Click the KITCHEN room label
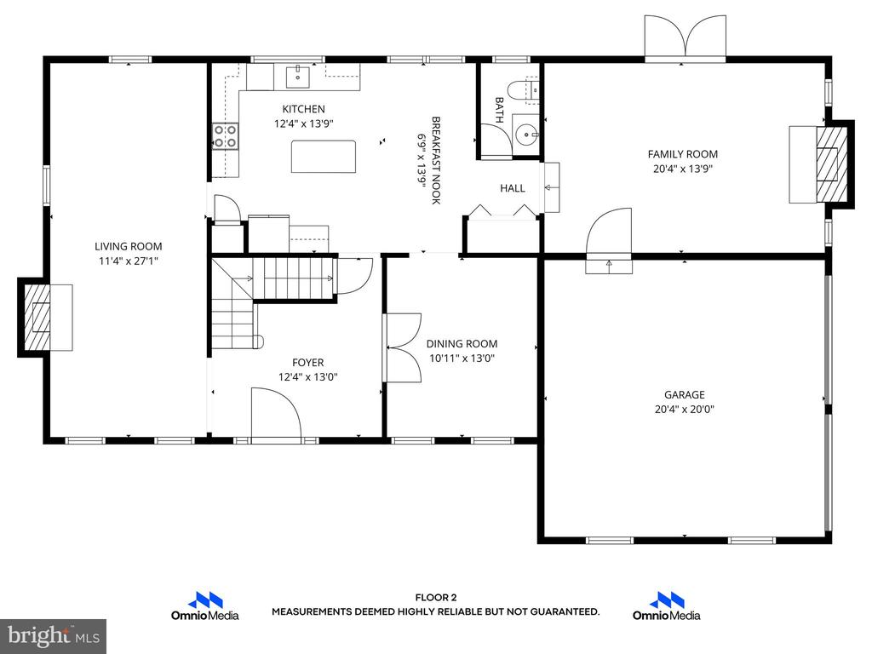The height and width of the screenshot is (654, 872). pyautogui.click(x=303, y=109)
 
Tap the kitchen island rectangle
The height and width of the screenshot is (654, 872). pyautogui.click(x=324, y=157)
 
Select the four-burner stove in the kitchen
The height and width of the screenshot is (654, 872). pyautogui.click(x=225, y=136)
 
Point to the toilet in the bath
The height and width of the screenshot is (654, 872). pyautogui.click(x=523, y=90)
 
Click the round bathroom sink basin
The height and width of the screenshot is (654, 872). pyautogui.click(x=525, y=134)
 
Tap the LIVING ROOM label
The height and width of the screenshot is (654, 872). pyautogui.click(x=128, y=246)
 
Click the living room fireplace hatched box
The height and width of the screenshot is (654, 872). pyautogui.click(x=37, y=317)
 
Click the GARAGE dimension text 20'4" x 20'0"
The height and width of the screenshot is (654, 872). pyautogui.click(x=684, y=410)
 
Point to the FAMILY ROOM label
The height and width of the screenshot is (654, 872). pyautogui.click(x=682, y=154)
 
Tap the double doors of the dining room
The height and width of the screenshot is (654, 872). pyautogui.click(x=402, y=347)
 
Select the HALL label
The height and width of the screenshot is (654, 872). pyautogui.click(x=512, y=188)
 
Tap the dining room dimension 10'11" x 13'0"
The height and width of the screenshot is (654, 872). pyautogui.click(x=462, y=359)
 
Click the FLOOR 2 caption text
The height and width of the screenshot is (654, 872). pyautogui.click(x=436, y=598)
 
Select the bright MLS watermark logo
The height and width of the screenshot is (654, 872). pyautogui.click(x=54, y=636)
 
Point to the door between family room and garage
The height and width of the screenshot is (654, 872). pyautogui.click(x=609, y=240)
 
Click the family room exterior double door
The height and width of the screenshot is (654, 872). pyautogui.click(x=686, y=36)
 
